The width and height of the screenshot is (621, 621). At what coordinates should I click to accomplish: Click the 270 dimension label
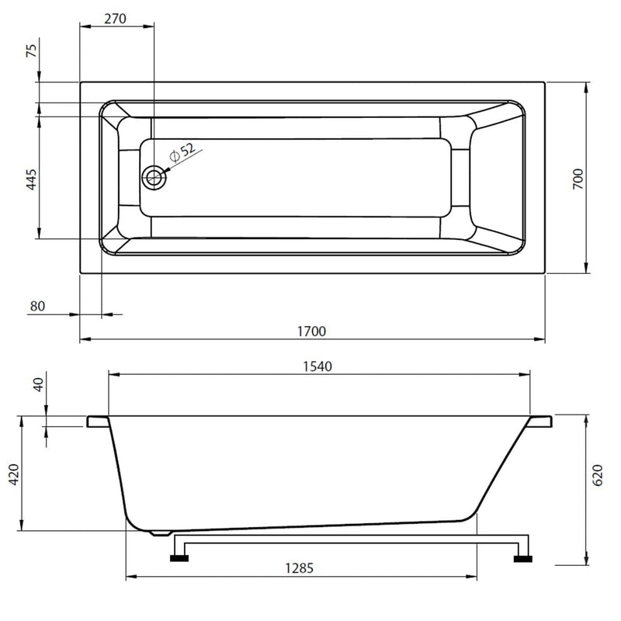[x=115, y=19]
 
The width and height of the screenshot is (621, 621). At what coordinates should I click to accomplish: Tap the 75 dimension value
[x=32, y=50]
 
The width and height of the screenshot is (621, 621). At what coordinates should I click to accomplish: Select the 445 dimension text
[x=32, y=179]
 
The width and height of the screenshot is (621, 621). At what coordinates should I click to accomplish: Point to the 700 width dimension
[x=578, y=179]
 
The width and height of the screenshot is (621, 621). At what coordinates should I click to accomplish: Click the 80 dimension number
[x=37, y=306]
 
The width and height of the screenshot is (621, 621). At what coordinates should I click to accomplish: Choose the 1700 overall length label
[x=312, y=331]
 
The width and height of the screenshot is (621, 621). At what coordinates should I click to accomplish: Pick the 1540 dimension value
[x=317, y=366]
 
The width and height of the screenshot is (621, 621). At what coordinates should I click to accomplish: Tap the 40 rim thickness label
[x=38, y=384]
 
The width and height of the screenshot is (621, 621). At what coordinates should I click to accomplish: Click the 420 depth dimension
[x=14, y=474]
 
